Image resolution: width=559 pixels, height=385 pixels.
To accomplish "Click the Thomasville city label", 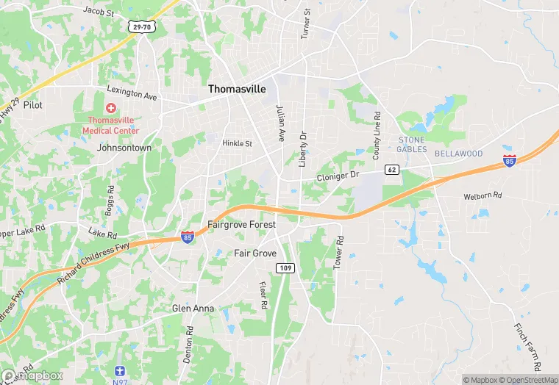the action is [x=237, y=88].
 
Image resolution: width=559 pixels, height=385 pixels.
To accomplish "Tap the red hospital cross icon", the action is [x=110, y=108].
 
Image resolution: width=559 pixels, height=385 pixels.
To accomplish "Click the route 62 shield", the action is [x=392, y=170].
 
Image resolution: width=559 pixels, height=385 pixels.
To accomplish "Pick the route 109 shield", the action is [x=286, y=268].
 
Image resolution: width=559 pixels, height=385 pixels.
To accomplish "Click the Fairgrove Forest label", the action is [x=241, y=224].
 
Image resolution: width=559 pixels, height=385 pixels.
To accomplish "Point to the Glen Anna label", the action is [x=193, y=309].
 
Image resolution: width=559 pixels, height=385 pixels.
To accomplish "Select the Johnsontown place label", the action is [x=124, y=148].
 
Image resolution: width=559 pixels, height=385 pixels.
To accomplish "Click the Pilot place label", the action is [x=33, y=105].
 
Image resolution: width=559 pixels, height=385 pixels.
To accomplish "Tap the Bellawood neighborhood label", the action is [x=458, y=154].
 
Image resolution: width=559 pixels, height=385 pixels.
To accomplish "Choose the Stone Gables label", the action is [x=412, y=144].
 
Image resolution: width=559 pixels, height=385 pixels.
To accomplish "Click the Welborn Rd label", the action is [x=482, y=197].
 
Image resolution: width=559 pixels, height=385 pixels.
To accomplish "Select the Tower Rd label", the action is [x=339, y=251].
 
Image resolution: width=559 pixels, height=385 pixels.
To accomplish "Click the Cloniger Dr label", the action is [x=337, y=176].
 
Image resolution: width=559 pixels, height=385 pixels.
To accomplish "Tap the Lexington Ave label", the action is [x=132, y=93].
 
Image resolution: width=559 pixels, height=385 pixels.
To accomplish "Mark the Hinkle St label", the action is [x=237, y=144].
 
